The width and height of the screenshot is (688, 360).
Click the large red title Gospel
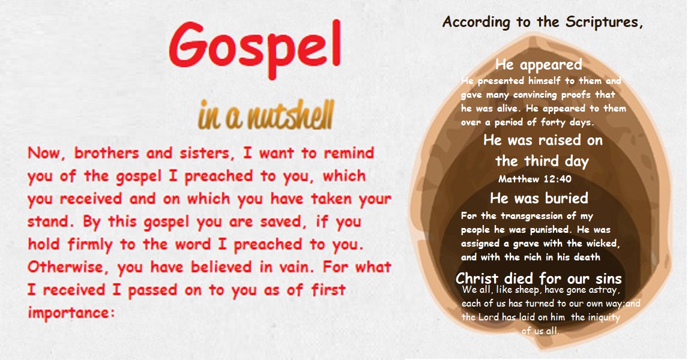[255, 47]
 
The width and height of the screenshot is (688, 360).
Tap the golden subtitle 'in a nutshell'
[265, 116]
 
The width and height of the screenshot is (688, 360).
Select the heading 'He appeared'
[539, 65]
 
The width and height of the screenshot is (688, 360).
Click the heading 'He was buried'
[539, 198]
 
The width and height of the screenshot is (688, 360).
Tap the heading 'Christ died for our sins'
[539, 279]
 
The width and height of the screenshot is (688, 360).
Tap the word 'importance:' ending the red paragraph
[71, 312]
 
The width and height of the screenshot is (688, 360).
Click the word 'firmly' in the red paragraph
[92, 244]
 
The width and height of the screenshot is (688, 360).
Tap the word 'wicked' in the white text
[600, 244]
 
